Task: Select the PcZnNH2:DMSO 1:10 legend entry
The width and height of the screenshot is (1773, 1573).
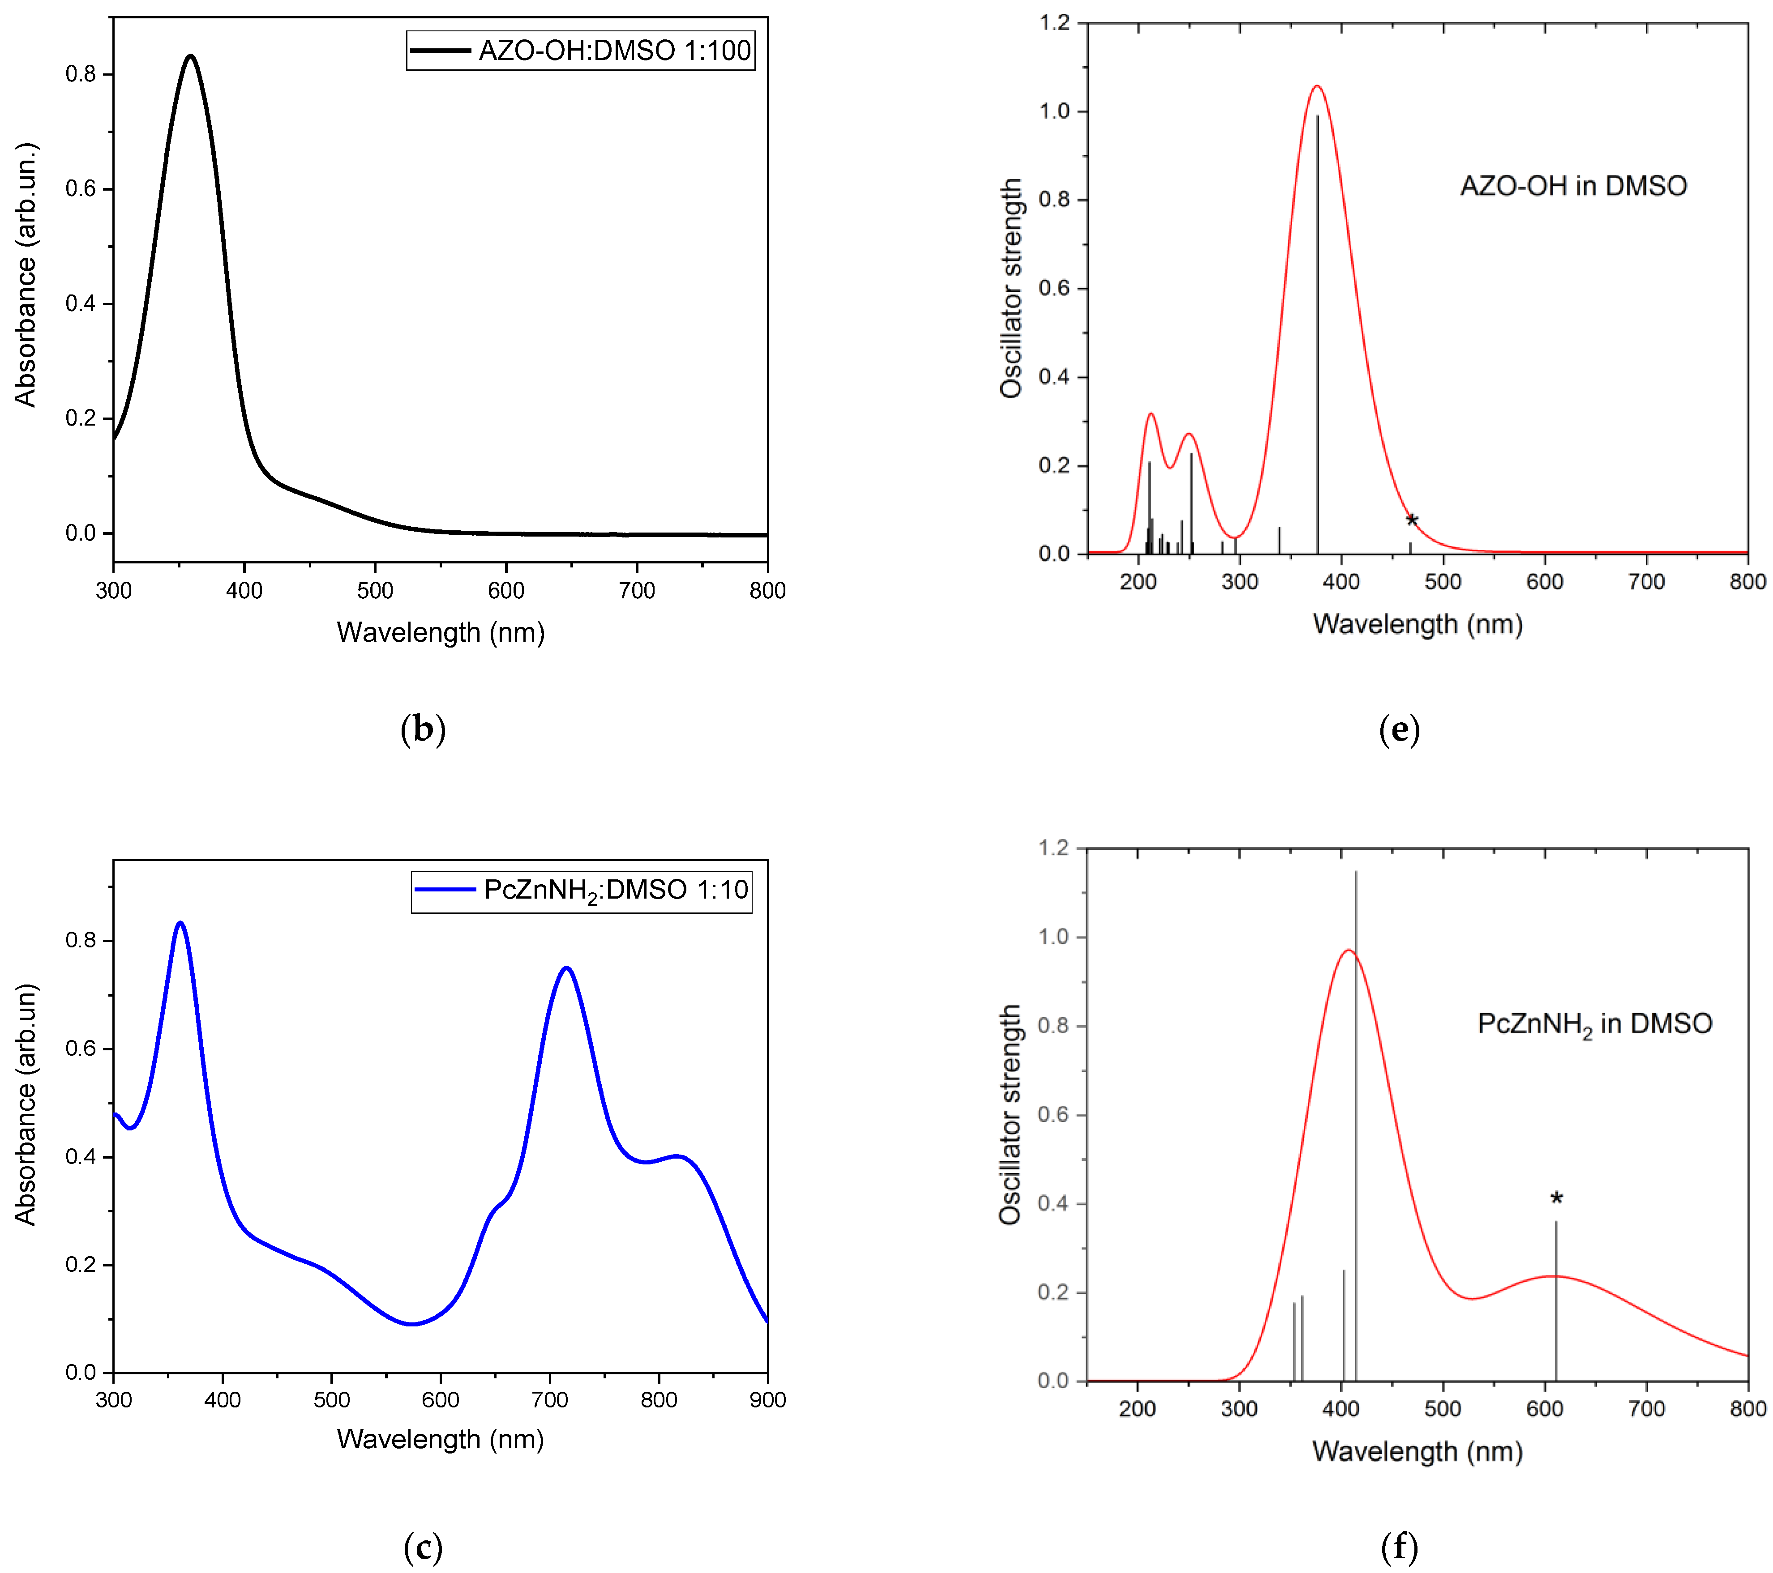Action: (581, 891)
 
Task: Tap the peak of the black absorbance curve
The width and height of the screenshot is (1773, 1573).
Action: (190, 56)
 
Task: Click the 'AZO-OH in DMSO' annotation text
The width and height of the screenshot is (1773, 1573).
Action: (1573, 186)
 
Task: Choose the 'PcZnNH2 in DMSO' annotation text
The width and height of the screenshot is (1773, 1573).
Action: (1594, 1024)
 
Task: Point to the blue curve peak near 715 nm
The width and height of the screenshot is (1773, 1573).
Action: (566, 968)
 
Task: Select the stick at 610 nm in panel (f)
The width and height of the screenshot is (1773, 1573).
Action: (1556, 1301)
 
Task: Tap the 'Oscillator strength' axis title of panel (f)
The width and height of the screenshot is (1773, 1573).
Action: (1010, 1114)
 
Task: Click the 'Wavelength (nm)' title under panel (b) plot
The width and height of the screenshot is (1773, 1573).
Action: (441, 632)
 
